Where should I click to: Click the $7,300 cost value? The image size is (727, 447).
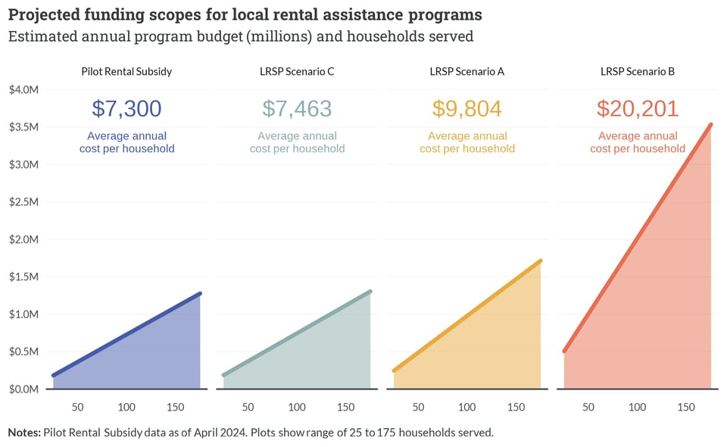coord(126,108)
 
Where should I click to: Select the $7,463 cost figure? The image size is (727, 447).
coord(297,108)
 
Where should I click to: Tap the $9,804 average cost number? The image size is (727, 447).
coord(467,108)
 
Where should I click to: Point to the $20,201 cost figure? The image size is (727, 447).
coord(638,108)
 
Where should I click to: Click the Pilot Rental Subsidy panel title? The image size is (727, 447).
coord(126,72)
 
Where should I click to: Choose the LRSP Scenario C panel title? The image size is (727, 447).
coord(297,72)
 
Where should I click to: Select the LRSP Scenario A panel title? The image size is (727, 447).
coord(467,72)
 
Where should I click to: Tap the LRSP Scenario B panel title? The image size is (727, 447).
coord(638,72)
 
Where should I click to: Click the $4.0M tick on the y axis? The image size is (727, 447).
coord(24,90)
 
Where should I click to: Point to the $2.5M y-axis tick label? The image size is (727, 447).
coord(24,202)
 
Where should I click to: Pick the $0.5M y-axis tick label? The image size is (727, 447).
coord(24,352)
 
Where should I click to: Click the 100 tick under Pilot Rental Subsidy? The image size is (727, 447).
coord(126,407)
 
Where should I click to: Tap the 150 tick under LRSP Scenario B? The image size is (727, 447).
coord(686,407)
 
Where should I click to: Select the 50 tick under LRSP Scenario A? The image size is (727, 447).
coord(419,407)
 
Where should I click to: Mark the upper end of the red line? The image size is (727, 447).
coord(710,124)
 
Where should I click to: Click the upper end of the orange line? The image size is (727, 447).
coord(540,261)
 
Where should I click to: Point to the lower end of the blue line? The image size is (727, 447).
coord(54,375)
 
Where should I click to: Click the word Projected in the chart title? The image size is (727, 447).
coord(44,15)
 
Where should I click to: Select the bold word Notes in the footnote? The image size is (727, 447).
coord(25,433)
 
